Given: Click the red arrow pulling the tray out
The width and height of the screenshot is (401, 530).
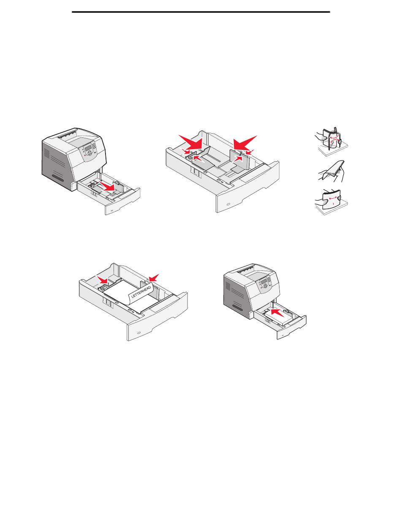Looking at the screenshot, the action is click(108, 187).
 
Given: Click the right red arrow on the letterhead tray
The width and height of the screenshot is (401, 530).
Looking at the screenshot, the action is click(154, 278).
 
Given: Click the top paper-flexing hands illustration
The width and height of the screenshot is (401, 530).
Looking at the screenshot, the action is click(331, 142).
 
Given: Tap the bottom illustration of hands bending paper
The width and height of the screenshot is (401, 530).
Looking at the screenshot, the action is click(331, 202).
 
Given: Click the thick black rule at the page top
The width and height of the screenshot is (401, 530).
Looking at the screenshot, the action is click(201, 12).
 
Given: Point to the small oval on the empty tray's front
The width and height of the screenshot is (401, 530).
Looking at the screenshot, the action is click(228, 204).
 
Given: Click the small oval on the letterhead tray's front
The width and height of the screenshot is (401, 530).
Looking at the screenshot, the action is click(138, 333).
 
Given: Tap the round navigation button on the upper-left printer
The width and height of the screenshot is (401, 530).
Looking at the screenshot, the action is click(89, 153).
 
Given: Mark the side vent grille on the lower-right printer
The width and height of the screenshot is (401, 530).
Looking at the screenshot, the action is click(228, 286).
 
